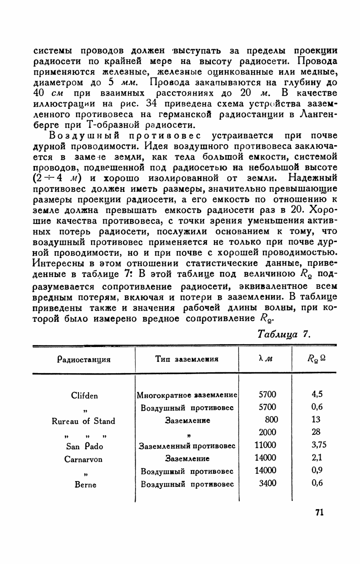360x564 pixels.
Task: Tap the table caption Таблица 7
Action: (x=283, y=334)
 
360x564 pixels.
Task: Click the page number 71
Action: (x=319, y=512)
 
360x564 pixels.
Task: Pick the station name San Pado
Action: (x=85, y=446)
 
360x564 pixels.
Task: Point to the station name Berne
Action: (x=85, y=485)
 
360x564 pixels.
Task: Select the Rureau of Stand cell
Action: (x=85, y=421)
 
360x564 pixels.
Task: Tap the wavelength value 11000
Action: (x=266, y=446)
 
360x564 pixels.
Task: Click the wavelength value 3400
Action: (x=267, y=483)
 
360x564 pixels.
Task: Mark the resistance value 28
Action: (x=316, y=432)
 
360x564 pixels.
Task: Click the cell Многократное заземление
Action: (x=187, y=395)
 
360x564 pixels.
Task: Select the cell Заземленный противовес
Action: (x=187, y=446)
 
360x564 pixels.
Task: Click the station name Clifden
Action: (x=85, y=395)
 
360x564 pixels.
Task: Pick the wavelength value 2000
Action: (x=267, y=432)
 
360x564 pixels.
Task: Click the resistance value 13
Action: (x=316, y=420)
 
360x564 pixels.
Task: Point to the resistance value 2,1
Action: (x=317, y=458)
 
